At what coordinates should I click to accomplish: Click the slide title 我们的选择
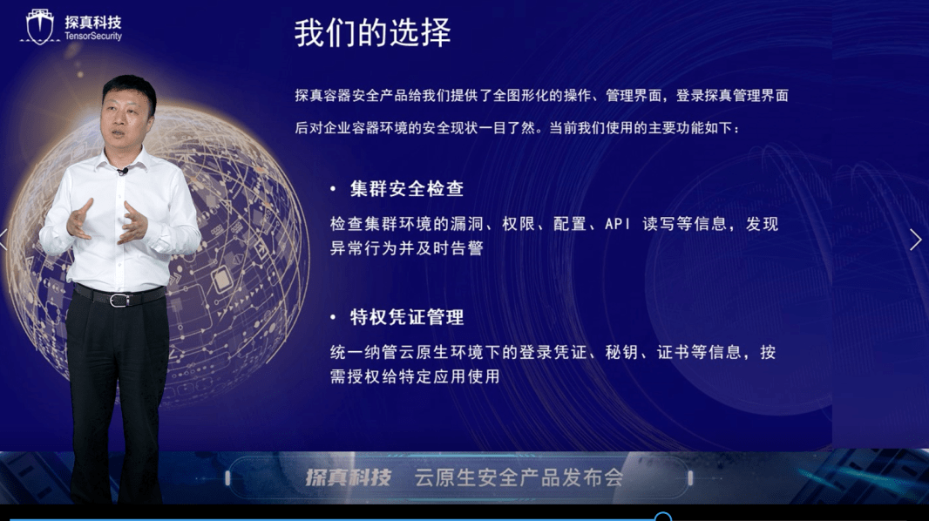[372, 34]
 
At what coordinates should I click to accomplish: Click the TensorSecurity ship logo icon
[40, 27]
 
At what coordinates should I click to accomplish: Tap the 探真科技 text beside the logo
[93, 22]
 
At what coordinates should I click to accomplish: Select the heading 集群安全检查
[407, 189]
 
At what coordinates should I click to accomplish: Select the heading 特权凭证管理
[407, 317]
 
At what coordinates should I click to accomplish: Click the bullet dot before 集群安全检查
[333, 189]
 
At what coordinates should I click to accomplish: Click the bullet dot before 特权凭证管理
[333, 318]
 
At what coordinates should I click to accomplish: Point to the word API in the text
[618, 224]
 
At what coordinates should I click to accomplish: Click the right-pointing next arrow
[915, 240]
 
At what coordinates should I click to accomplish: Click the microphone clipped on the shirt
[123, 171]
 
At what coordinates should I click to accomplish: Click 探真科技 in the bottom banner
[348, 477]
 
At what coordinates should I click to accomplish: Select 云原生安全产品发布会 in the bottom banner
[519, 477]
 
